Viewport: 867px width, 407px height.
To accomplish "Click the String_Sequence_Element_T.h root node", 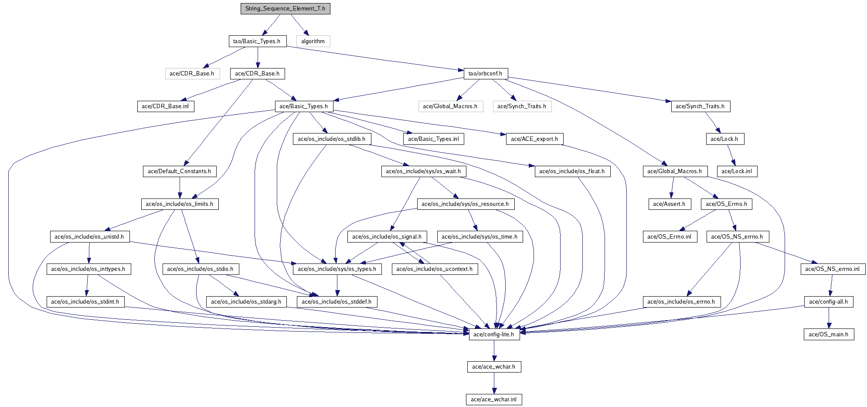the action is (x=285, y=9).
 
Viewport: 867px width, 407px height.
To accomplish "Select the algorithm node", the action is (x=313, y=41).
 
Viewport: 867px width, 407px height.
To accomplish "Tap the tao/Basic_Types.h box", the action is (x=257, y=41).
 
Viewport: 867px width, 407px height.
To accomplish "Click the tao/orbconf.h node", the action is (x=486, y=74).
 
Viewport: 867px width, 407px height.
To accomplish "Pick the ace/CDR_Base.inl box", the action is (x=166, y=106).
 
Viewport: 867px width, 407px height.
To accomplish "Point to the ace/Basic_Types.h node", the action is (x=304, y=106).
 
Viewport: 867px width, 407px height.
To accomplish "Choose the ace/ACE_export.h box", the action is (x=534, y=139).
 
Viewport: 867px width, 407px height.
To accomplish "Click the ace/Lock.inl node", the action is (x=737, y=171).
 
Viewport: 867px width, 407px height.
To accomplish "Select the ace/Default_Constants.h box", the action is (x=180, y=171).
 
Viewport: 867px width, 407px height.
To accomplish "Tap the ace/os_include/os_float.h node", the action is (x=572, y=171).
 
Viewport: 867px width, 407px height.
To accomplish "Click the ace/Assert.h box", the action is (x=669, y=204).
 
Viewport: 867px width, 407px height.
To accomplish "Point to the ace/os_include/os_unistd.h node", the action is (x=89, y=237).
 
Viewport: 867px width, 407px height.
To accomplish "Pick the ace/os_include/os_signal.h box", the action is (x=387, y=237).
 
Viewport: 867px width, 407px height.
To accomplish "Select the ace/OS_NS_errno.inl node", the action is (x=833, y=269).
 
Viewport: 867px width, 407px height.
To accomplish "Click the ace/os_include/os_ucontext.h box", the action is (x=435, y=269).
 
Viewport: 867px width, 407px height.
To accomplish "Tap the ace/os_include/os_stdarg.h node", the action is (x=246, y=302).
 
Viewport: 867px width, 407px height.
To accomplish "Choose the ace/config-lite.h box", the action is (x=494, y=335).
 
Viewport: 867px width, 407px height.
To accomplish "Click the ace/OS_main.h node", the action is (x=829, y=335).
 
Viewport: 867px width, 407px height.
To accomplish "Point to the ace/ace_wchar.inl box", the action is (x=494, y=400).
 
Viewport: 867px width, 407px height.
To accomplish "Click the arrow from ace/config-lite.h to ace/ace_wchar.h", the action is (x=494, y=351).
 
